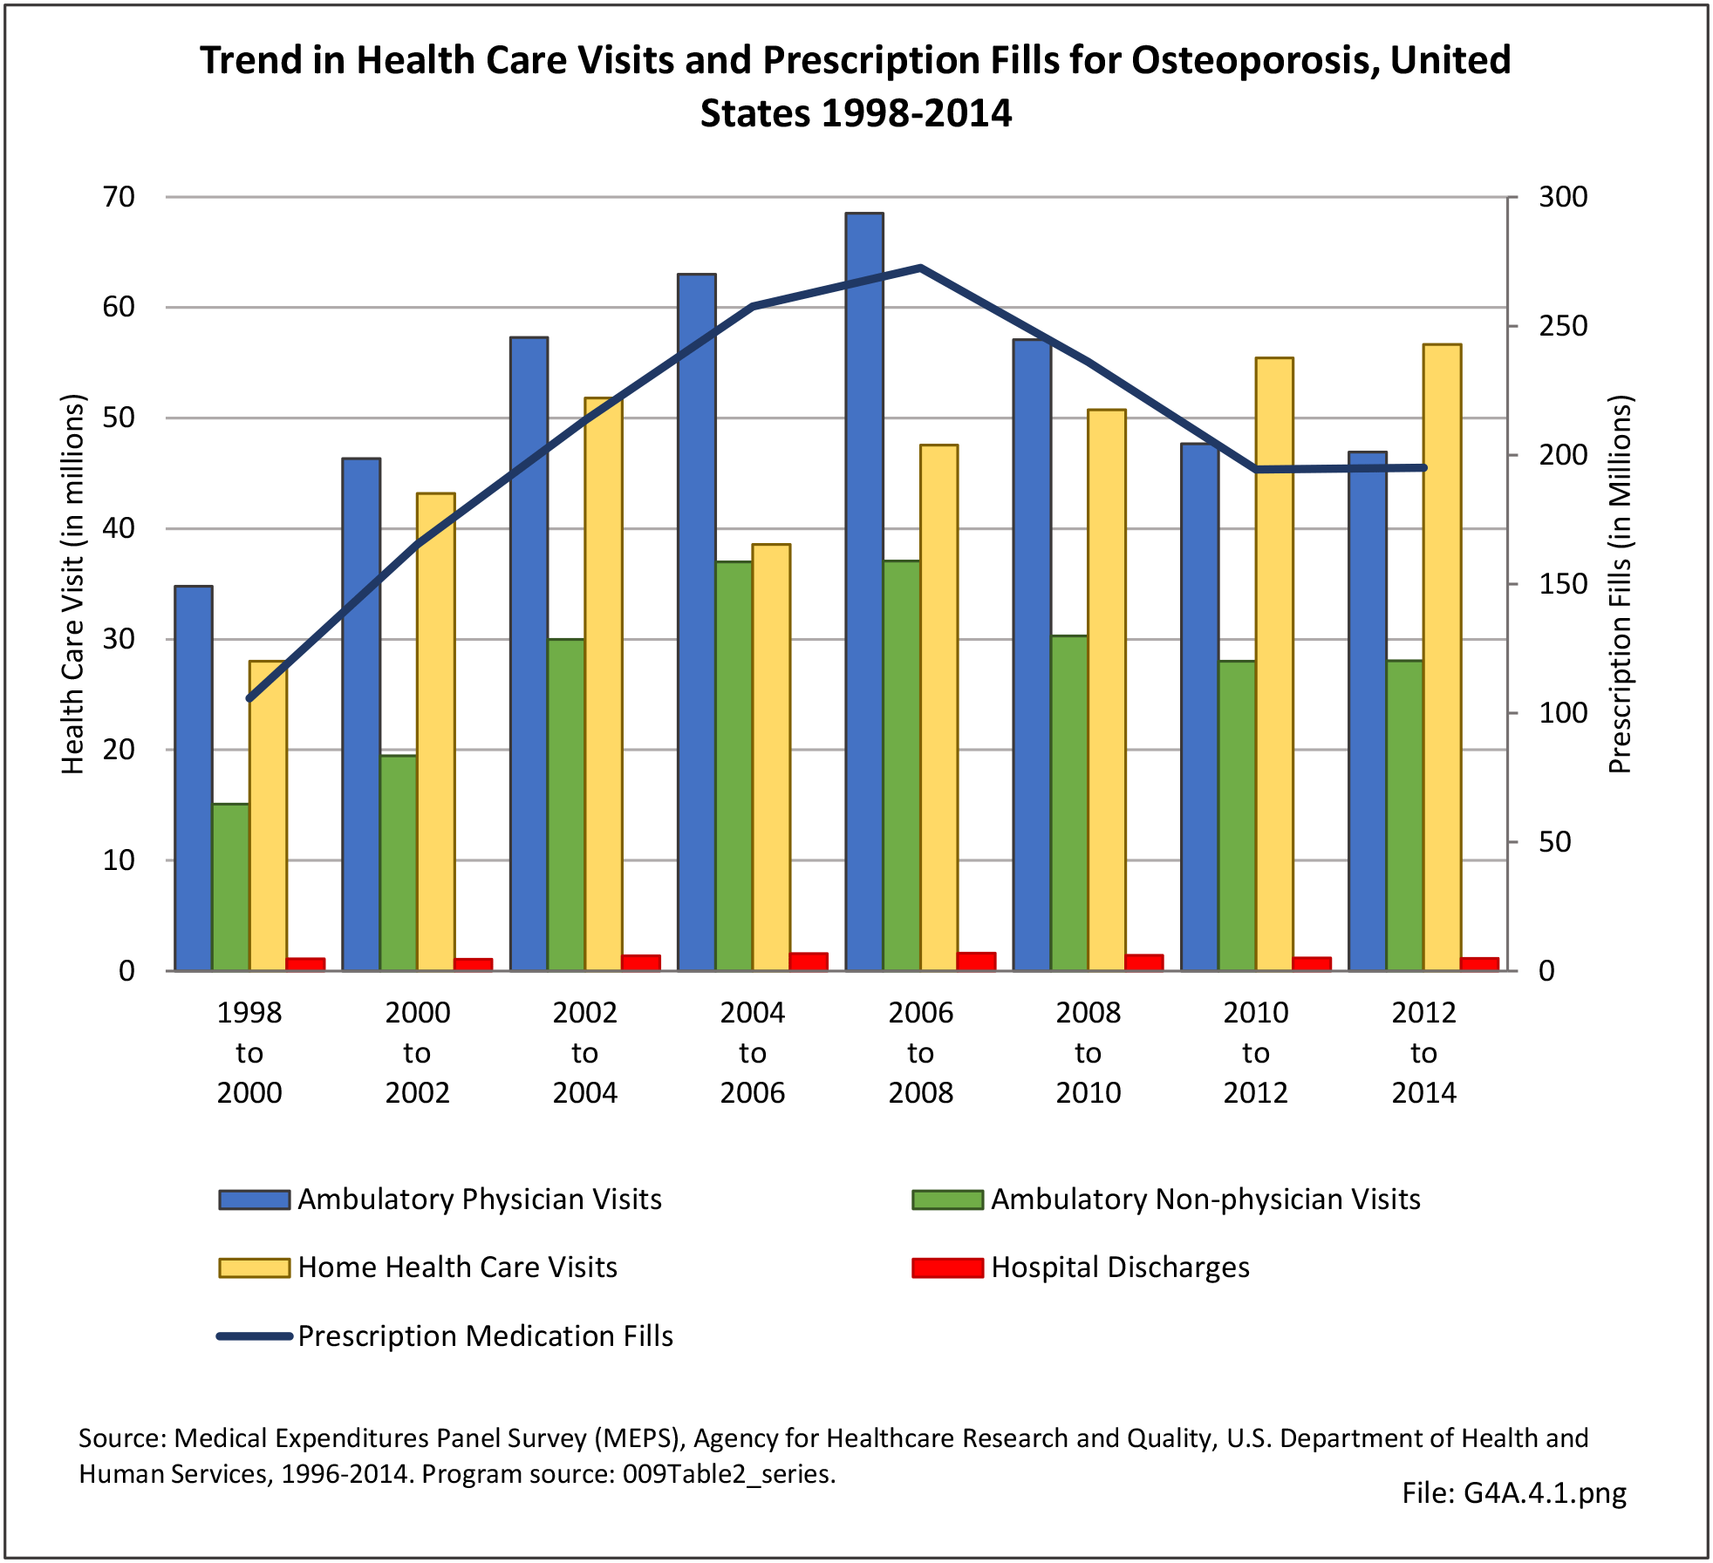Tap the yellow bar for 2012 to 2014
coord(1442,657)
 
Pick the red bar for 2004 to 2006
coord(809,962)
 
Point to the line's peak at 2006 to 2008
coord(921,268)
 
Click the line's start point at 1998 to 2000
coord(249,698)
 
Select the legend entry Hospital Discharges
coord(1120,1267)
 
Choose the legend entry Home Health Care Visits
coord(457,1267)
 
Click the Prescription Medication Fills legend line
coord(254,1336)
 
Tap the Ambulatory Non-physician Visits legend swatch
coord(947,1199)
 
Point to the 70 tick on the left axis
coord(119,197)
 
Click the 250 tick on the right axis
coord(1563,326)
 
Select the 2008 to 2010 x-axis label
coord(1088,1052)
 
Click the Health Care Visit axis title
coord(73,584)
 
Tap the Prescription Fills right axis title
coord(1620,584)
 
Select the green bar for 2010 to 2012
coord(1237,815)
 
